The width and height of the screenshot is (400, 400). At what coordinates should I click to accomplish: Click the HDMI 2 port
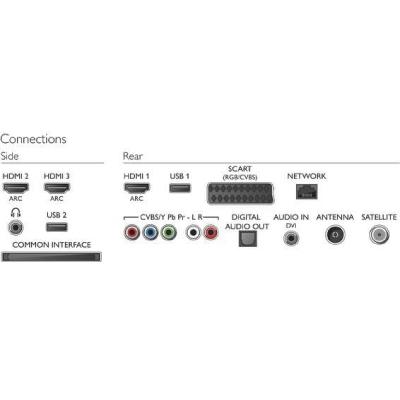[16, 188]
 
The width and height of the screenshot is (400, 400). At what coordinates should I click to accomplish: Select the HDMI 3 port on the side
[57, 188]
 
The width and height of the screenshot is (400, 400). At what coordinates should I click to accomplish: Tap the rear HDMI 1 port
[137, 188]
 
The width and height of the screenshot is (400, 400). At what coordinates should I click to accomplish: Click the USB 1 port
[180, 188]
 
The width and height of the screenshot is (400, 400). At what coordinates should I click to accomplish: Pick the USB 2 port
[57, 227]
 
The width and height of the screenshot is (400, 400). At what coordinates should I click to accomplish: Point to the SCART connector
[240, 193]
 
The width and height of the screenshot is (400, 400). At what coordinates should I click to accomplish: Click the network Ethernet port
[307, 191]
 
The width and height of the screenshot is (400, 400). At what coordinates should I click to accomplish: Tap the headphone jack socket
[16, 228]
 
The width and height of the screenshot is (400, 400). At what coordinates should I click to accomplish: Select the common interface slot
[51, 257]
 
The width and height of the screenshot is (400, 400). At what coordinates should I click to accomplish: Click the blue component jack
[150, 232]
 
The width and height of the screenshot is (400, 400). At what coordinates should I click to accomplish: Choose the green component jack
[169, 232]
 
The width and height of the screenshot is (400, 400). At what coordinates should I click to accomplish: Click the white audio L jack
[193, 232]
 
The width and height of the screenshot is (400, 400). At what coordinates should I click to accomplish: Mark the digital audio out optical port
[247, 239]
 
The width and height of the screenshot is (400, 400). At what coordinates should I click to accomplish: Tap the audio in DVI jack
[291, 238]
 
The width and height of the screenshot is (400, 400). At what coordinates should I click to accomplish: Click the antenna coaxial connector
[335, 235]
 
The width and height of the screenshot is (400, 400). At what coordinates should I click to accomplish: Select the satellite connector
[379, 235]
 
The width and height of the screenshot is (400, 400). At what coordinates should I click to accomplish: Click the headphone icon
[16, 213]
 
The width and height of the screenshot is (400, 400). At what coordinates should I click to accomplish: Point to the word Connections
[33, 139]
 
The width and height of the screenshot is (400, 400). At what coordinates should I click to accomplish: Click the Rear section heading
[133, 156]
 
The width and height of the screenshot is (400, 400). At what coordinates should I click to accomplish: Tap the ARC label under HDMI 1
[137, 199]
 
